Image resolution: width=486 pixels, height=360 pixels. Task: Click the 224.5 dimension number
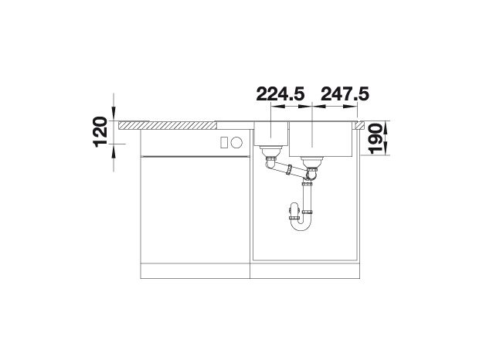[280, 93]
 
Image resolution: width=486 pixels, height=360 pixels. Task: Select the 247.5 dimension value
[345, 93]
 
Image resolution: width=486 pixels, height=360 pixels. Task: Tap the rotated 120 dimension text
[100, 132]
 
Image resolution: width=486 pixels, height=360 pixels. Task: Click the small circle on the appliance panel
[236, 142]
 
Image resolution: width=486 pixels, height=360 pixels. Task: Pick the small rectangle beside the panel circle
[224, 142]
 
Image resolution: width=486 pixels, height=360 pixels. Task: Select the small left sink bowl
[271, 134]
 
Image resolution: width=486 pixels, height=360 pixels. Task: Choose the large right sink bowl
[321, 139]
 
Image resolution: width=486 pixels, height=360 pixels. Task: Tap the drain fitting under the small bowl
[271, 151]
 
